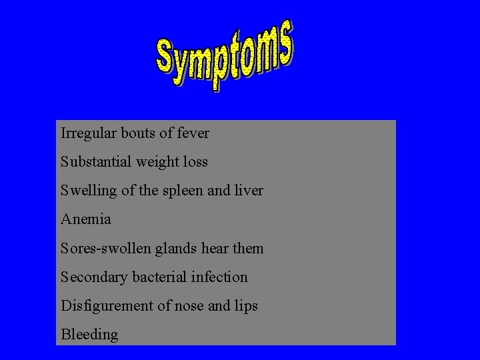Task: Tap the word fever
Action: point(193,133)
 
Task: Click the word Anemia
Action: point(86,219)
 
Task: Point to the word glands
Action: point(173,249)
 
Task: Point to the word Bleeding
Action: point(89,335)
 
